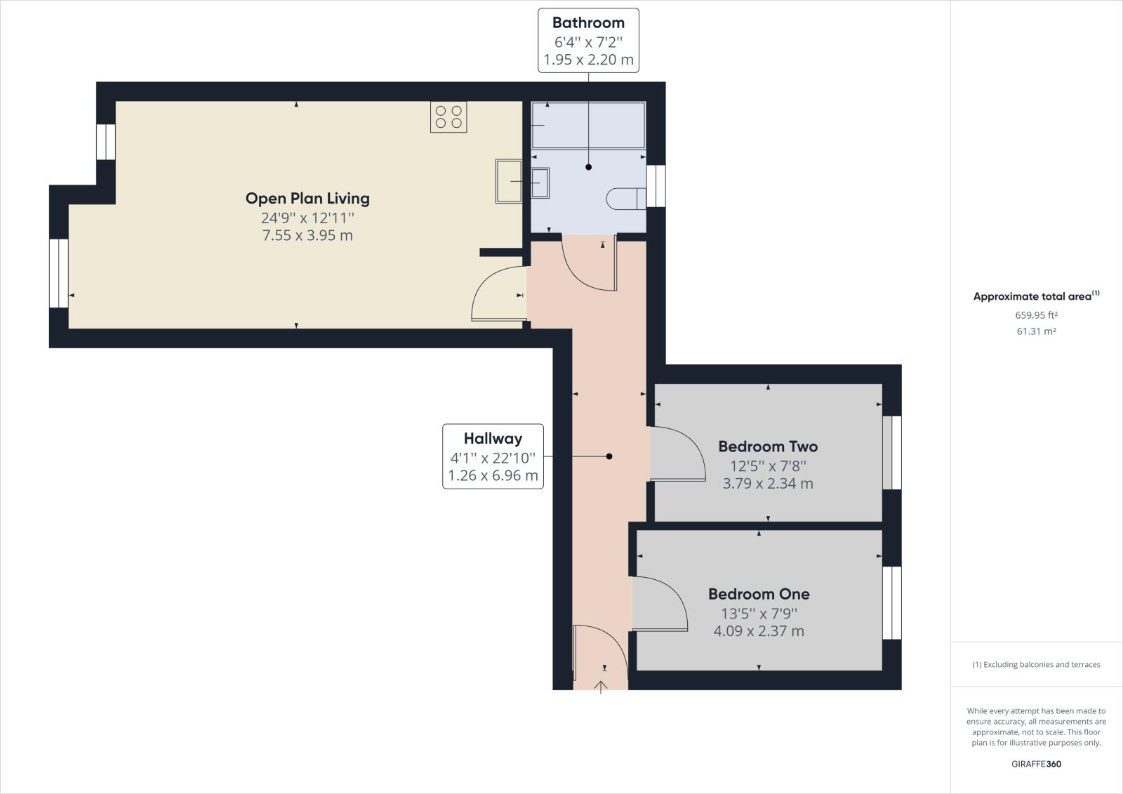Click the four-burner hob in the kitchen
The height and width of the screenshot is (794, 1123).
pos(448,117)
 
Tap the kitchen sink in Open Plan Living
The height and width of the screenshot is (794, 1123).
pos(509,181)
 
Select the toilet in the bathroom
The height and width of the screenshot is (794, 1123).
pos(625,198)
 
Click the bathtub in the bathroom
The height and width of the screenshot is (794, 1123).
pos(588,125)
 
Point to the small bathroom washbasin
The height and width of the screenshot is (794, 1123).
pos(540,183)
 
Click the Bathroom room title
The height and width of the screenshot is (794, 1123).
pos(588,22)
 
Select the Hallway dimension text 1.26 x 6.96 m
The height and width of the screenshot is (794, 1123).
pos(493,476)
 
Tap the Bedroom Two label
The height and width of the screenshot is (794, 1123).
pos(768,446)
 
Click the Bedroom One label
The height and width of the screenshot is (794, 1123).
pos(759,594)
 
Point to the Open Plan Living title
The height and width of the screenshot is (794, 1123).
pos(307,198)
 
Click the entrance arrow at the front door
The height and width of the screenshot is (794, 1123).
pos(601,686)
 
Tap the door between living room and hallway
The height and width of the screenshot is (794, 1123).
pos(498,295)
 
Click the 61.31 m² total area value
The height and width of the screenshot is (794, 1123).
pos(1036,331)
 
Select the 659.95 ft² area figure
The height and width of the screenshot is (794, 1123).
pos(1036,315)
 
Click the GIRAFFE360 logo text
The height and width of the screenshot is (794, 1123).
pos(1036,764)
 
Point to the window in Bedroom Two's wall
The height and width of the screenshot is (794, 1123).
pos(891,453)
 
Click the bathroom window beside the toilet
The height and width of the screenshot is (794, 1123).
pos(656,186)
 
